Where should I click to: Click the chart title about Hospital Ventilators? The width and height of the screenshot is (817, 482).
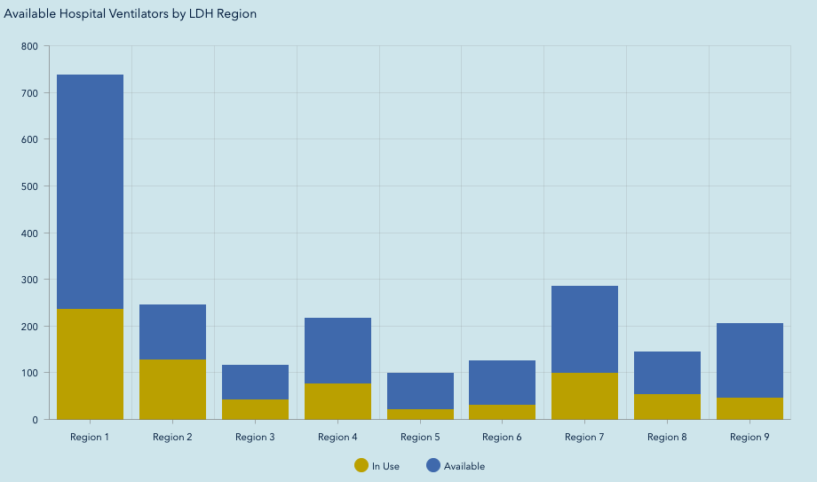(130, 14)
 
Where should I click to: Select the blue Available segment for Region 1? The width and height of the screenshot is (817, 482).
(90, 191)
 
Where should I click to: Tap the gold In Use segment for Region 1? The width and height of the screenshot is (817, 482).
(90, 364)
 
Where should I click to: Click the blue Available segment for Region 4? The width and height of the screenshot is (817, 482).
(337, 350)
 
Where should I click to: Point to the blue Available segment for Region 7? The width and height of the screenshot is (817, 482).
(584, 328)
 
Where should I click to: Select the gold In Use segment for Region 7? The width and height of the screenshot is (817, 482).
(584, 396)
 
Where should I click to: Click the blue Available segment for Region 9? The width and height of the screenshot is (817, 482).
(750, 360)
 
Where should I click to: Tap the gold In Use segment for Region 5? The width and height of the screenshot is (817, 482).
(420, 414)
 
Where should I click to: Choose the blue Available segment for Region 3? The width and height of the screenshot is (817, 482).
(255, 382)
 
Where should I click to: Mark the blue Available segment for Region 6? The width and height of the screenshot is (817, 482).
(502, 382)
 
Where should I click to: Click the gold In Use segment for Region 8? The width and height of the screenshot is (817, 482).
(667, 407)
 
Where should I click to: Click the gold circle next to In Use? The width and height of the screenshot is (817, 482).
(361, 465)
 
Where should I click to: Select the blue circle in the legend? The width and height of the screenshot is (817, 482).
(433, 465)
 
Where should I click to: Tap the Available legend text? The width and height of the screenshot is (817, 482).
(464, 466)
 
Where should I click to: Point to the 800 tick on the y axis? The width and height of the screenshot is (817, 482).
(30, 46)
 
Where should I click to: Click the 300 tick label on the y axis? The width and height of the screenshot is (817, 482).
(30, 280)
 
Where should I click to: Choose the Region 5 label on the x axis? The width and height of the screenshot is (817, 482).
(420, 437)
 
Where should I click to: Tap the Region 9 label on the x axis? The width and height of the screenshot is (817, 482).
(750, 437)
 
